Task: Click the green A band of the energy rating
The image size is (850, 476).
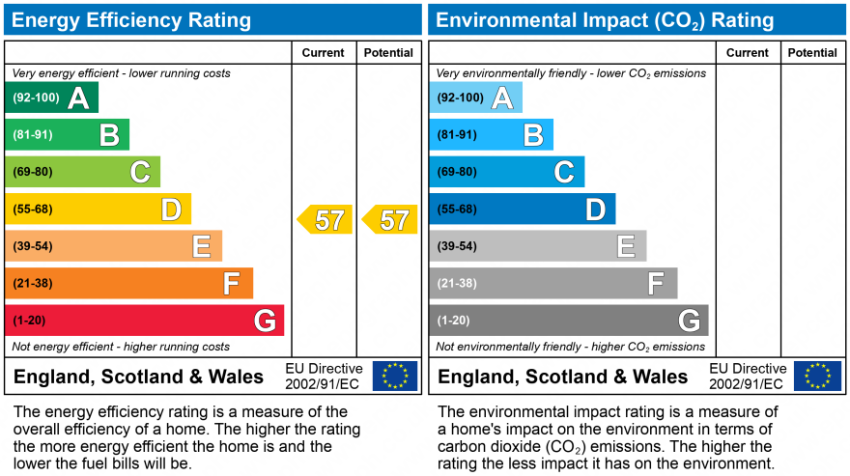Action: pyautogui.click(x=52, y=98)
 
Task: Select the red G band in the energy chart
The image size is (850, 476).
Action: pyautogui.click(x=145, y=321)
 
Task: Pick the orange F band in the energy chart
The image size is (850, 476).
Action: pyautogui.click(x=129, y=284)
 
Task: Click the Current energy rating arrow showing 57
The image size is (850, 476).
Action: pyautogui.click(x=325, y=220)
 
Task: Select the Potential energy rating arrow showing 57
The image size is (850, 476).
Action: pyautogui.click(x=389, y=220)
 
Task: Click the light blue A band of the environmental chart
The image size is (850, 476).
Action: pyautogui.click(x=475, y=98)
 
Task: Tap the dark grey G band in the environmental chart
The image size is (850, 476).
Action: pyautogui.click(x=568, y=321)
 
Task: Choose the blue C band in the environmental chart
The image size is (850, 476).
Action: pyautogui.click(x=506, y=172)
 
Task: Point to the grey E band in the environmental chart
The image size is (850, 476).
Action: pyautogui.click(x=537, y=246)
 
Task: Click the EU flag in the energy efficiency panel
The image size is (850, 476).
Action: pyautogui.click(x=395, y=376)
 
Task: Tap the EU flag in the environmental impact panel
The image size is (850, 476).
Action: pyautogui.click(x=817, y=376)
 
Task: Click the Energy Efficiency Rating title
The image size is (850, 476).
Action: pyautogui.click(x=131, y=20)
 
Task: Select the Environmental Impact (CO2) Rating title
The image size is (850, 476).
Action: pyautogui.click(x=604, y=20)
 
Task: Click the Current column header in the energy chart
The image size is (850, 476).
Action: pyautogui.click(x=324, y=53)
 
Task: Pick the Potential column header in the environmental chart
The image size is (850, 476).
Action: pyautogui.click(x=812, y=53)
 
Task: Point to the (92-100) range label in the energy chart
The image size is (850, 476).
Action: pyautogui.click(x=36, y=98)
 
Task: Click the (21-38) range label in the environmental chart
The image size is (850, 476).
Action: pyautogui.click(x=457, y=284)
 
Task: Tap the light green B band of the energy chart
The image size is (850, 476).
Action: pyautogui.click(x=68, y=135)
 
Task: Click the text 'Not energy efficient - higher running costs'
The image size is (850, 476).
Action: pyautogui.click(x=121, y=347)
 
